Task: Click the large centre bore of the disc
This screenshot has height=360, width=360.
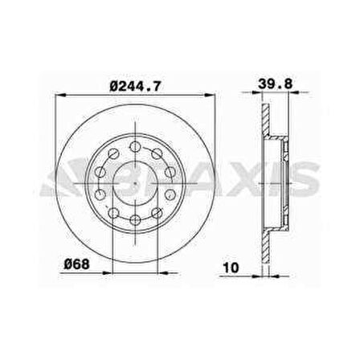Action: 136,184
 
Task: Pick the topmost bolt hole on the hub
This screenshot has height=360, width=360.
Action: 136,147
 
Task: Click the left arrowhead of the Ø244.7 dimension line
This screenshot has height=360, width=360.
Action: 59,95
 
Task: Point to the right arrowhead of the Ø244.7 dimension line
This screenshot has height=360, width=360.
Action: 214,95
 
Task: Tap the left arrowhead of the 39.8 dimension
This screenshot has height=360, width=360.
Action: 264,95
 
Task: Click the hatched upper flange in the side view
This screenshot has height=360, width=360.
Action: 264,121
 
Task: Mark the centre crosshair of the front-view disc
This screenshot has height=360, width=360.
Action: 136,184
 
